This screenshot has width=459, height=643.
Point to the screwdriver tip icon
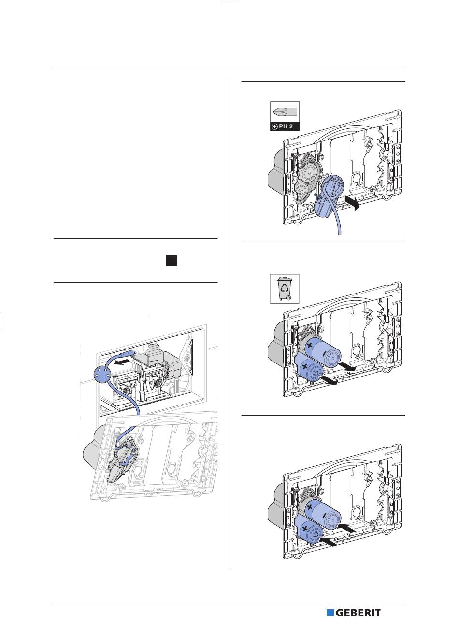click(x=285, y=112)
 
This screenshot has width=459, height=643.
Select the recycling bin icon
click(x=285, y=289)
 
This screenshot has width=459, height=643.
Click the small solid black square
click(x=171, y=261)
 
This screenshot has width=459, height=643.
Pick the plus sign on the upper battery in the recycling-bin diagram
click(x=310, y=346)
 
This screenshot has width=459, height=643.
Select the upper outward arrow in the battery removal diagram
click(x=347, y=366)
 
